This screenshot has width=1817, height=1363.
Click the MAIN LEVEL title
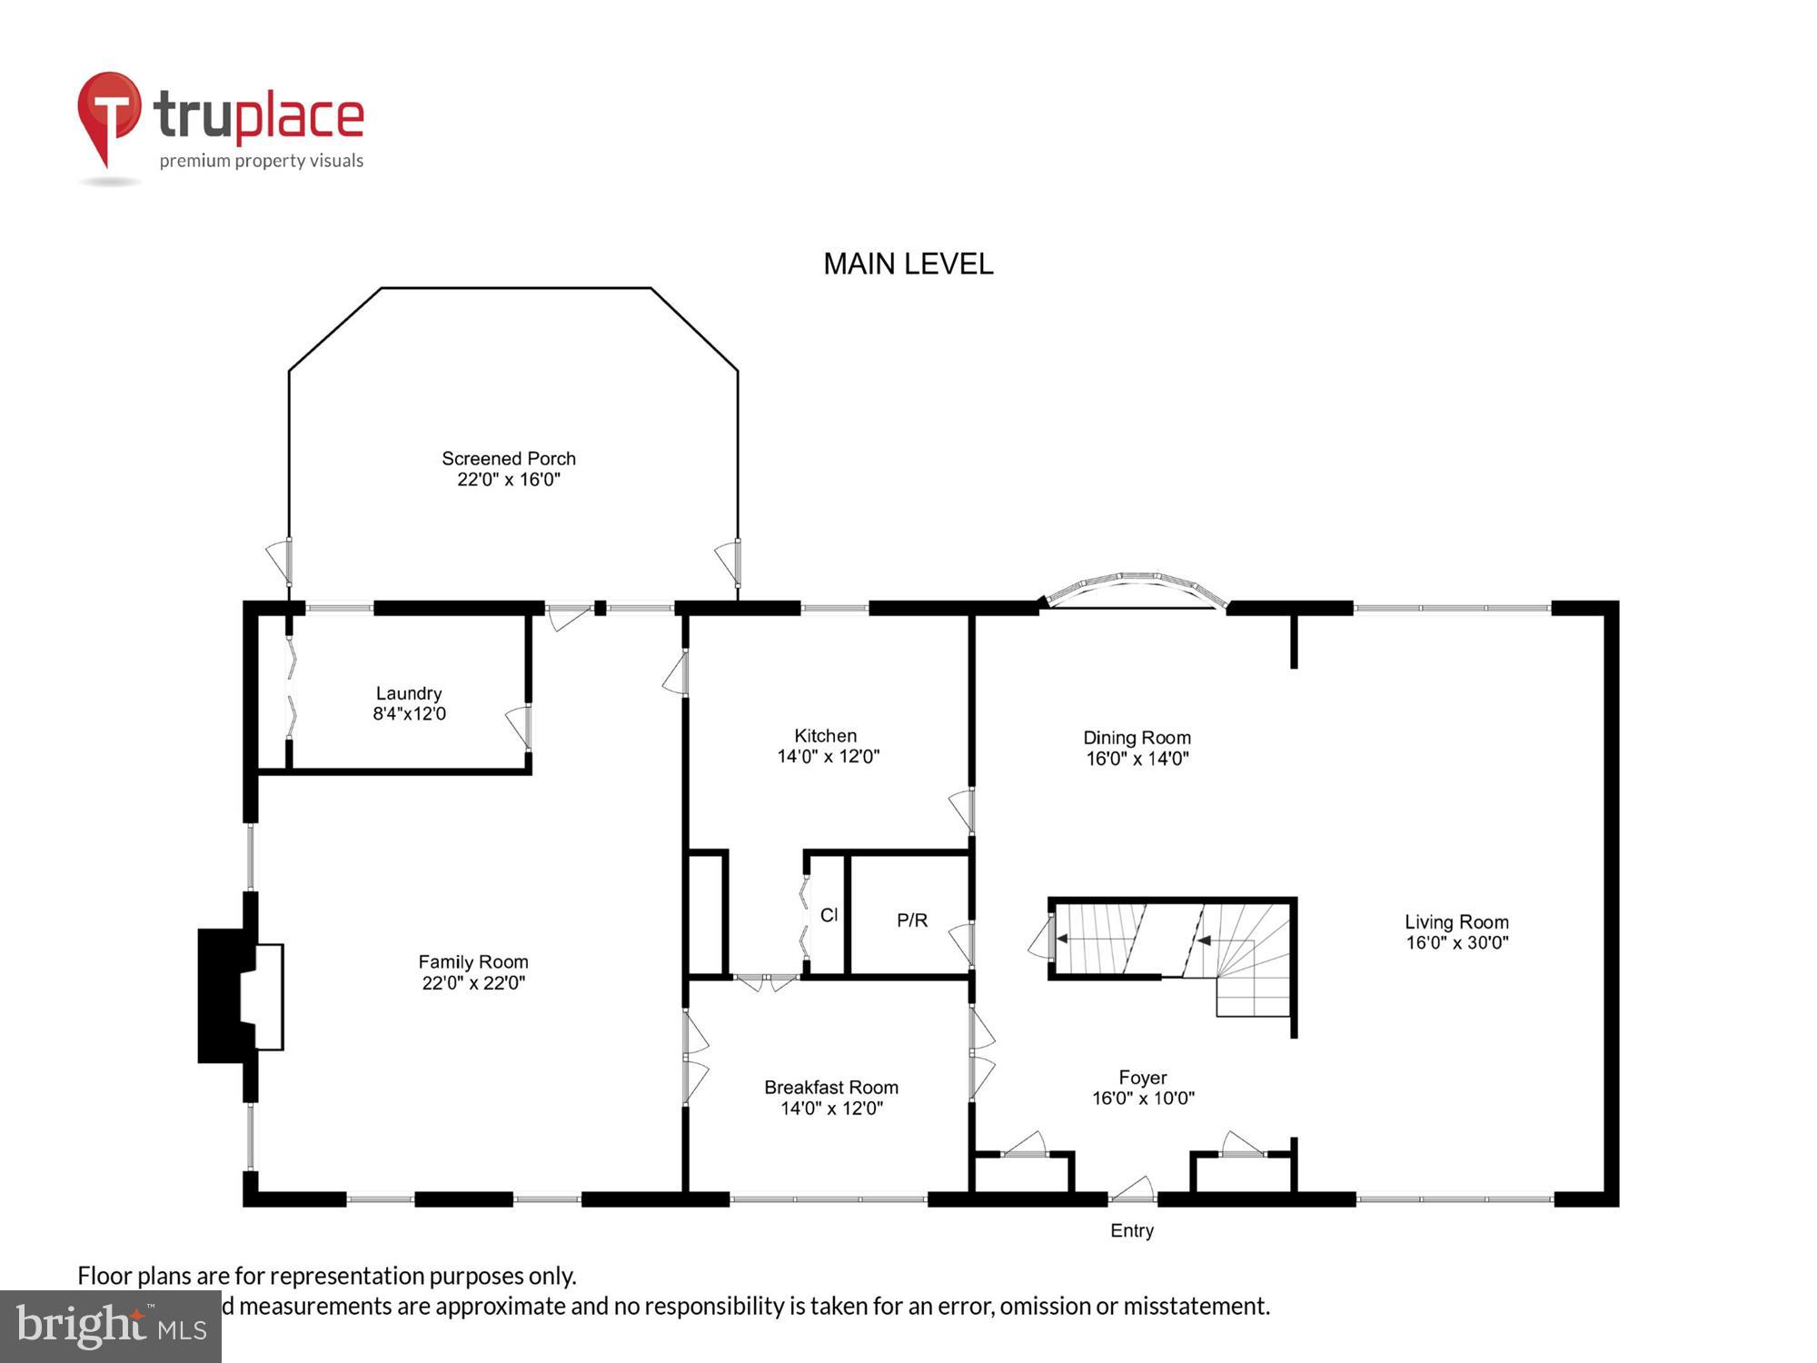click(x=908, y=264)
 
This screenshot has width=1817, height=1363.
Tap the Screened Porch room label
click(x=509, y=459)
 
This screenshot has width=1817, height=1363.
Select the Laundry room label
click(x=409, y=693)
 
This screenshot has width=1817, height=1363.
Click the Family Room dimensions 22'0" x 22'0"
click(x=473, y=983)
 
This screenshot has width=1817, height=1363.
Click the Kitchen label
click(x=825, y=736)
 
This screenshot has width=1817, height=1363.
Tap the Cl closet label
click(x=829, y=915)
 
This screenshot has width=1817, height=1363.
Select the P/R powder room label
click(x=912, y=920)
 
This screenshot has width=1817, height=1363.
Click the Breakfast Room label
click(x=831, y=1088)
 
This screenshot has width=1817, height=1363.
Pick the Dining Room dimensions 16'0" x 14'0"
click(x=1137, y=759)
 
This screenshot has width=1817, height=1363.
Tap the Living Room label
click(x=1456, y=922)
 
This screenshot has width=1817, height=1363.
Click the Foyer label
click(x=1143, y=1078)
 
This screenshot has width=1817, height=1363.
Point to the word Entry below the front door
click(x=1132, y=1230)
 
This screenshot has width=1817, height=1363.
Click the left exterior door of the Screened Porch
click(x=280, y=561)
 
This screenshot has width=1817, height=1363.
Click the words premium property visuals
click(x=262, y=161)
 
